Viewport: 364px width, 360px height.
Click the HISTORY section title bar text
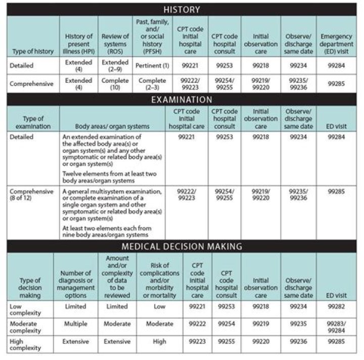tap(182, 9)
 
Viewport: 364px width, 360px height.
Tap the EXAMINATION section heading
tap(182, 100)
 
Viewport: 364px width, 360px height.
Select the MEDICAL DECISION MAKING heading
tap(182, 246)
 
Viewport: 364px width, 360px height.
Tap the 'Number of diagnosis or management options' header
tap(75, 285)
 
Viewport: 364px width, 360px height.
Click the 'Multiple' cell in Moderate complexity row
tap(75, 324)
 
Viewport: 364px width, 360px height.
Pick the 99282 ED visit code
tap(336, 306)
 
